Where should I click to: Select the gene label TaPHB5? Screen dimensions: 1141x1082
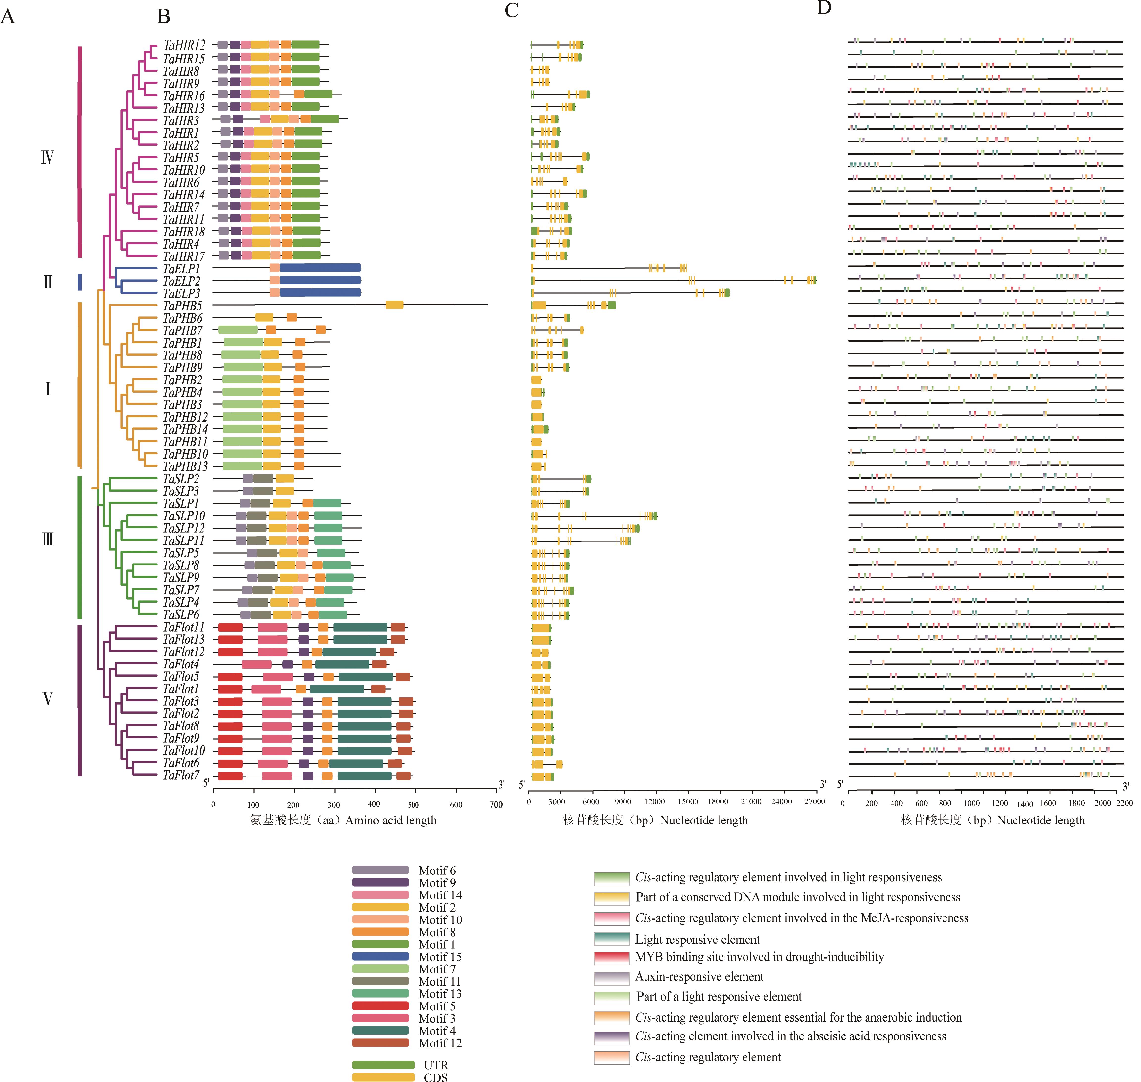click(x=182, y=306)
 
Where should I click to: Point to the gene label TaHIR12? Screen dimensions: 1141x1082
click(x=184, y=45)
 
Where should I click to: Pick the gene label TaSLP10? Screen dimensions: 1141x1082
click(x=184, y=516)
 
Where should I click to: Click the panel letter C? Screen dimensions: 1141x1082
click(x=511, y=10)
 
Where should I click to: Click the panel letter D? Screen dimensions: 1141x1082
click(x=824, y=8)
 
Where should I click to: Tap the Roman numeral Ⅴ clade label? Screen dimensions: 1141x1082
click(x=48, y=699)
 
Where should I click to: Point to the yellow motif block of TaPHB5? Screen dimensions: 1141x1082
click(x=394, y=305)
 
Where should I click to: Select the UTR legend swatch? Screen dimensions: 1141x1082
click(x=383, y=1065)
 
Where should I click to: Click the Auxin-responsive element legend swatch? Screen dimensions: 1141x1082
click(x=612, y=977)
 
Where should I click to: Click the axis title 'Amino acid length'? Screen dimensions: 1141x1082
click(x=391, y=820)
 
